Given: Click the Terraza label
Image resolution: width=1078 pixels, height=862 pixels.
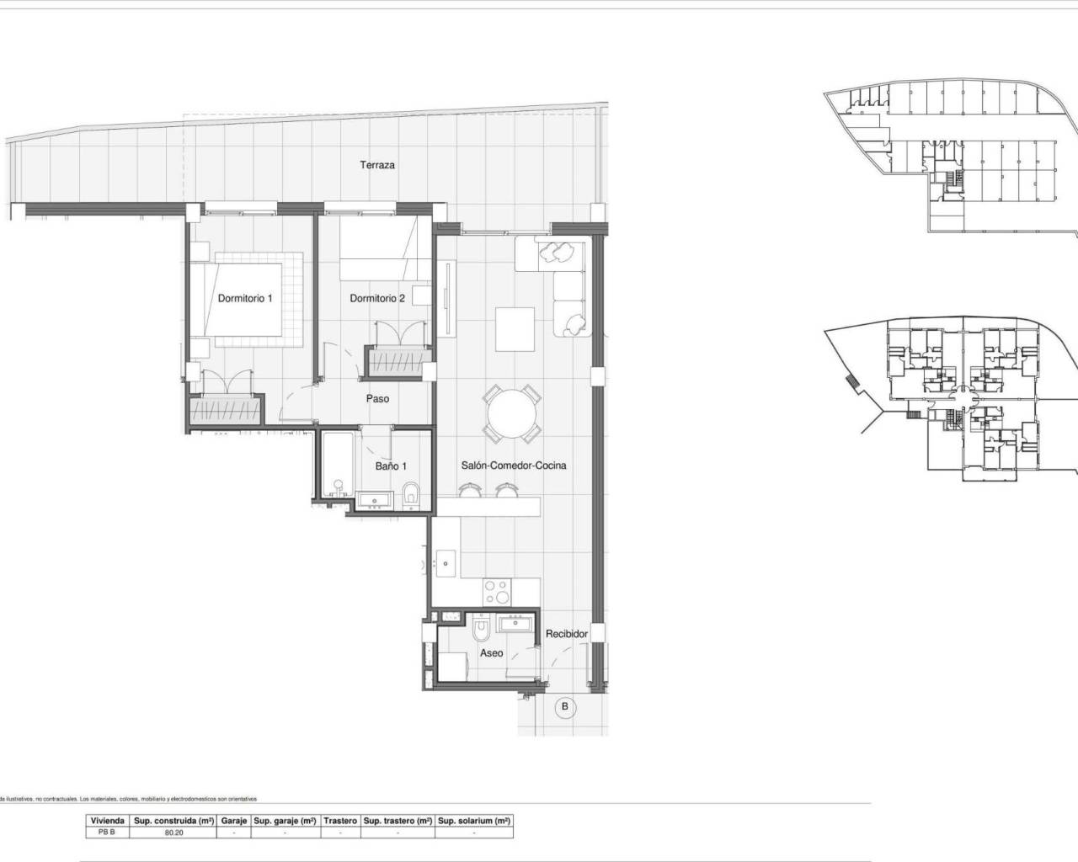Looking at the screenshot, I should tap(377, 165).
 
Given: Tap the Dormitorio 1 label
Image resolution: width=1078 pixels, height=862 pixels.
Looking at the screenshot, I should tap(245, 298).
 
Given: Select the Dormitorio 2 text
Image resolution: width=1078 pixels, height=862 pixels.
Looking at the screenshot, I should tap(377, 298).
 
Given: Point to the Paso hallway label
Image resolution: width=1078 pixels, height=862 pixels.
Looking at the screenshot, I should tap(377, 399).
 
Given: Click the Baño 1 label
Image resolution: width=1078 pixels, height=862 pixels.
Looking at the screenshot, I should tap(391, 466).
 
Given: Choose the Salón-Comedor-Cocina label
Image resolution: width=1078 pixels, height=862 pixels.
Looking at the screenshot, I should tap(514, 466).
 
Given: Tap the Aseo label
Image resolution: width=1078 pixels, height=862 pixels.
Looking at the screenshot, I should tap(491, 653).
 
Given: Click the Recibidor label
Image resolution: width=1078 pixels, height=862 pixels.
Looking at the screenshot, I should tap(566, 634).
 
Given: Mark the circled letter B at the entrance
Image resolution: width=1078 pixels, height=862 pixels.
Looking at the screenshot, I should tap(565, 707).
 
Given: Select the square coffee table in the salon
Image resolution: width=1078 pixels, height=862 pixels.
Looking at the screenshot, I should tap(515, 330).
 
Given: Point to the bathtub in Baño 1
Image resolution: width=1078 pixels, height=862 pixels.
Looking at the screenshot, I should tap(336, 465).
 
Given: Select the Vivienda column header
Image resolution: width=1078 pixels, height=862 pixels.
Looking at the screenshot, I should tap(107, 821).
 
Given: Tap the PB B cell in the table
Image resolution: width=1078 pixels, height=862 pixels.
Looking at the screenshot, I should tap(107, 833).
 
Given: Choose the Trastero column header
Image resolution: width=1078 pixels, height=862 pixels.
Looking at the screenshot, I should tap(341, 821).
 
